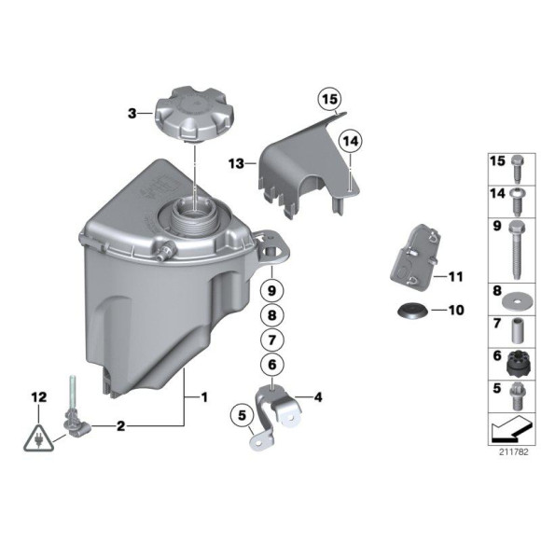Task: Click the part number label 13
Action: (x=236, y=161)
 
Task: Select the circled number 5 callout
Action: (x=240, y=411)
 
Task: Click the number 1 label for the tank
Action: (x=203, y=398)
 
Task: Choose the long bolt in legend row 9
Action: (x=516, y=245)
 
